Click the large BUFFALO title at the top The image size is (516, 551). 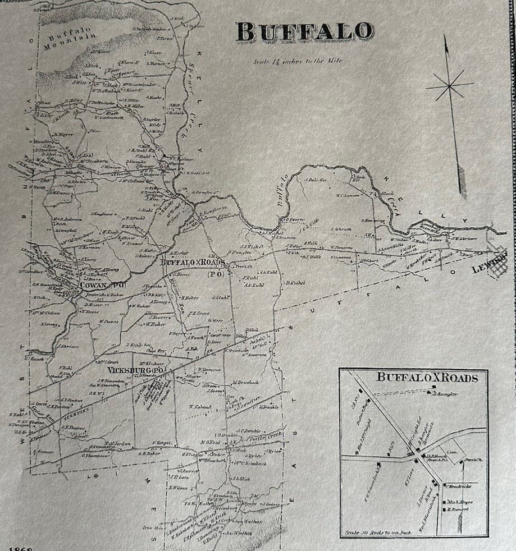[x=304, y=32]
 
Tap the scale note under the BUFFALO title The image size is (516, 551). [x=297, y=61]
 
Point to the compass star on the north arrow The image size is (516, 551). [x=449, y=86]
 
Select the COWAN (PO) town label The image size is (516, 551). [x=102, y=285]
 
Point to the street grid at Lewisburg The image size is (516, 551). [x=497, y=263]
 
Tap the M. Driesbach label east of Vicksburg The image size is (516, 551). [x=245, y=383]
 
